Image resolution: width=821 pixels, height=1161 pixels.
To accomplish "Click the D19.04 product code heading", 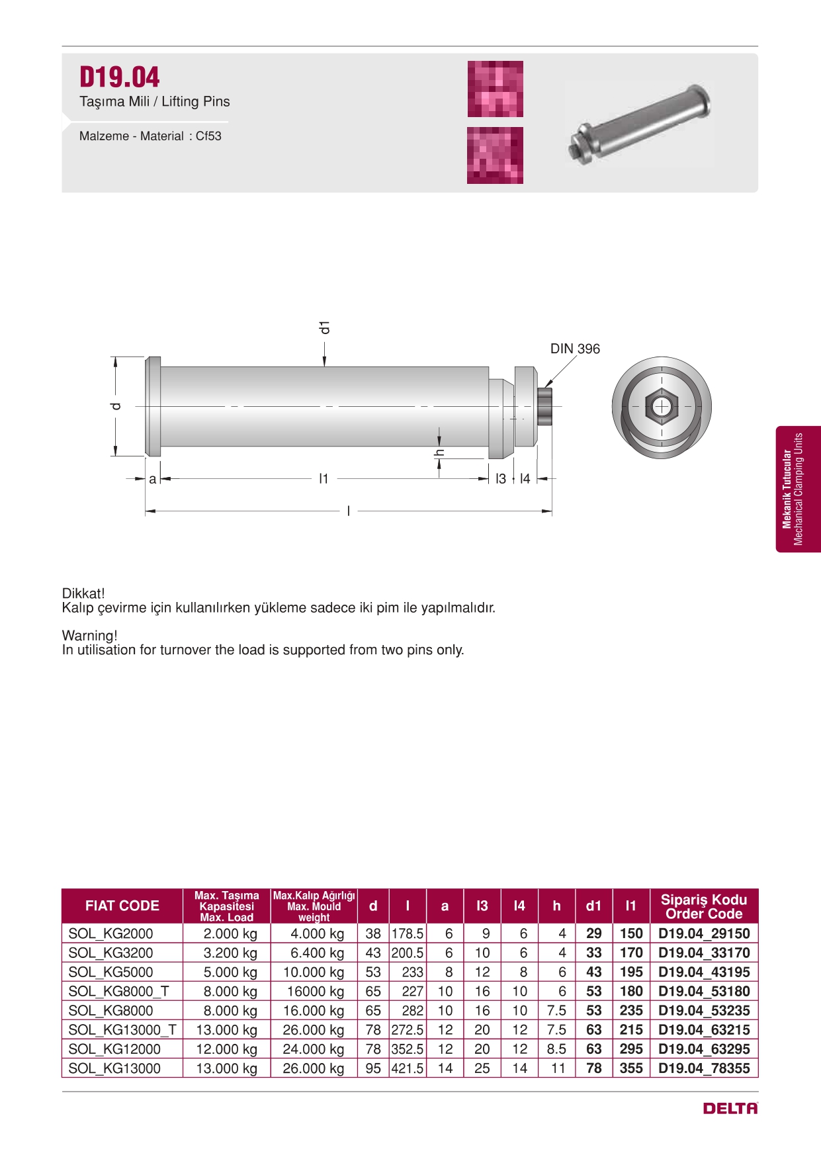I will tap(120, 77).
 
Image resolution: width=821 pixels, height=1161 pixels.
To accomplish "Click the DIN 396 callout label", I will tap(574, 349).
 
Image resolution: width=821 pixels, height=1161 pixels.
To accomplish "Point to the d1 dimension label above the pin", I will tap(324, 327).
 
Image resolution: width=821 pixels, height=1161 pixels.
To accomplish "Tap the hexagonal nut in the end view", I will tap(661, 406).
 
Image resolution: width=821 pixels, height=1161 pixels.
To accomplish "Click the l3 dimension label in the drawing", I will tap(501, 478).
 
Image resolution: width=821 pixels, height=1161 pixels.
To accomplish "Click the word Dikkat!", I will tap(83, 593).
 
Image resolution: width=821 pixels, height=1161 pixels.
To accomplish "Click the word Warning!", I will tap(90, 636).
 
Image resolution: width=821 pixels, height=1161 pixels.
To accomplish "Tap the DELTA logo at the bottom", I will tap(730, 1108).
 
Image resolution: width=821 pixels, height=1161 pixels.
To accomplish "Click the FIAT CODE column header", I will tap(122, 906).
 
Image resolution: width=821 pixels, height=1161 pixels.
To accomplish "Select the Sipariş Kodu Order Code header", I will tap(703, 906).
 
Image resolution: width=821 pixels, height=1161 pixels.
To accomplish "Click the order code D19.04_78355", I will tap(704, 1068).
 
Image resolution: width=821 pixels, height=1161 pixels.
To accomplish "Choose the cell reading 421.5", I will tap(408, 1068).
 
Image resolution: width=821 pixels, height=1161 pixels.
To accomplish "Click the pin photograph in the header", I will tap(640, 124).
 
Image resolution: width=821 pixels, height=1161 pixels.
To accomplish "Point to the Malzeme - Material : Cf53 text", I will tap(150, 136).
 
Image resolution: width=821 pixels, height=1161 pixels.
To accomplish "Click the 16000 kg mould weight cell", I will tap(315, 991).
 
